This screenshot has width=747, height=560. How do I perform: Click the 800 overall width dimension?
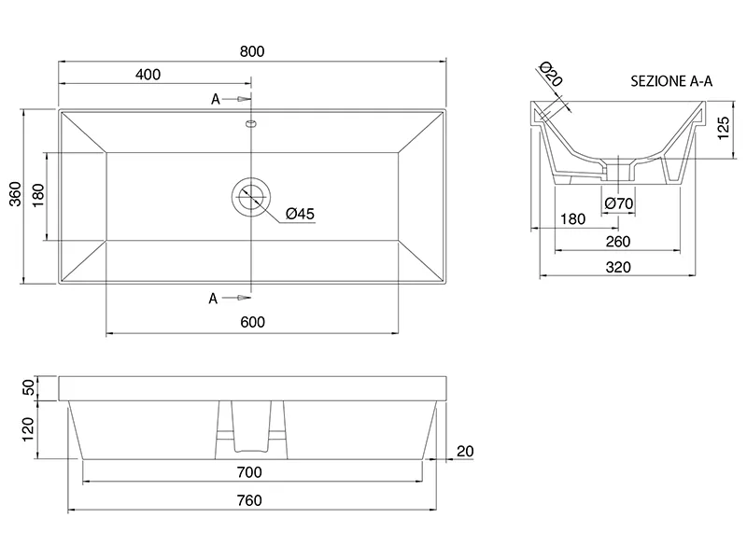[252, 51]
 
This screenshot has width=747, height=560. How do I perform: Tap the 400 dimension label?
[148, 75]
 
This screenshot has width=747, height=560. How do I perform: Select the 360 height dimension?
[16, 194]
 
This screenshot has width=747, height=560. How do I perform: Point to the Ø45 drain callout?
[300, 214]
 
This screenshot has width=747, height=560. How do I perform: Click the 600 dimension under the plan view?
[252, 322]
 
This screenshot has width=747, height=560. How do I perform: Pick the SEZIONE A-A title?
[671, 81]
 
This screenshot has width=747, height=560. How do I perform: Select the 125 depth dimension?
[723, 128]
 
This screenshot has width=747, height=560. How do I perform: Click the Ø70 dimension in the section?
[619, 203]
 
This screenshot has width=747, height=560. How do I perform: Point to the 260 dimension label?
[618, 242]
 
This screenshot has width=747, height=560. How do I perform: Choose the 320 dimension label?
[618, 268]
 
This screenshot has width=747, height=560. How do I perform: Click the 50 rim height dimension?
[29, 387]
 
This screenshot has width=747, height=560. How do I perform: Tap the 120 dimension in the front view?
[28, 429]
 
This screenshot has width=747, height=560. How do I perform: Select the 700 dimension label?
[249, 472]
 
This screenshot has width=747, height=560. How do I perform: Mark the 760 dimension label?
[249, 500]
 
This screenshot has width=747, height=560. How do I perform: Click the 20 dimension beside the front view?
[465, 452]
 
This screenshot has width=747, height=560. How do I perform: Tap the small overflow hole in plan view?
[251, 124]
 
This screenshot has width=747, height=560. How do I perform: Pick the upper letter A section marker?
[216, 100]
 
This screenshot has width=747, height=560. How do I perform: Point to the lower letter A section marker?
[213, 299]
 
